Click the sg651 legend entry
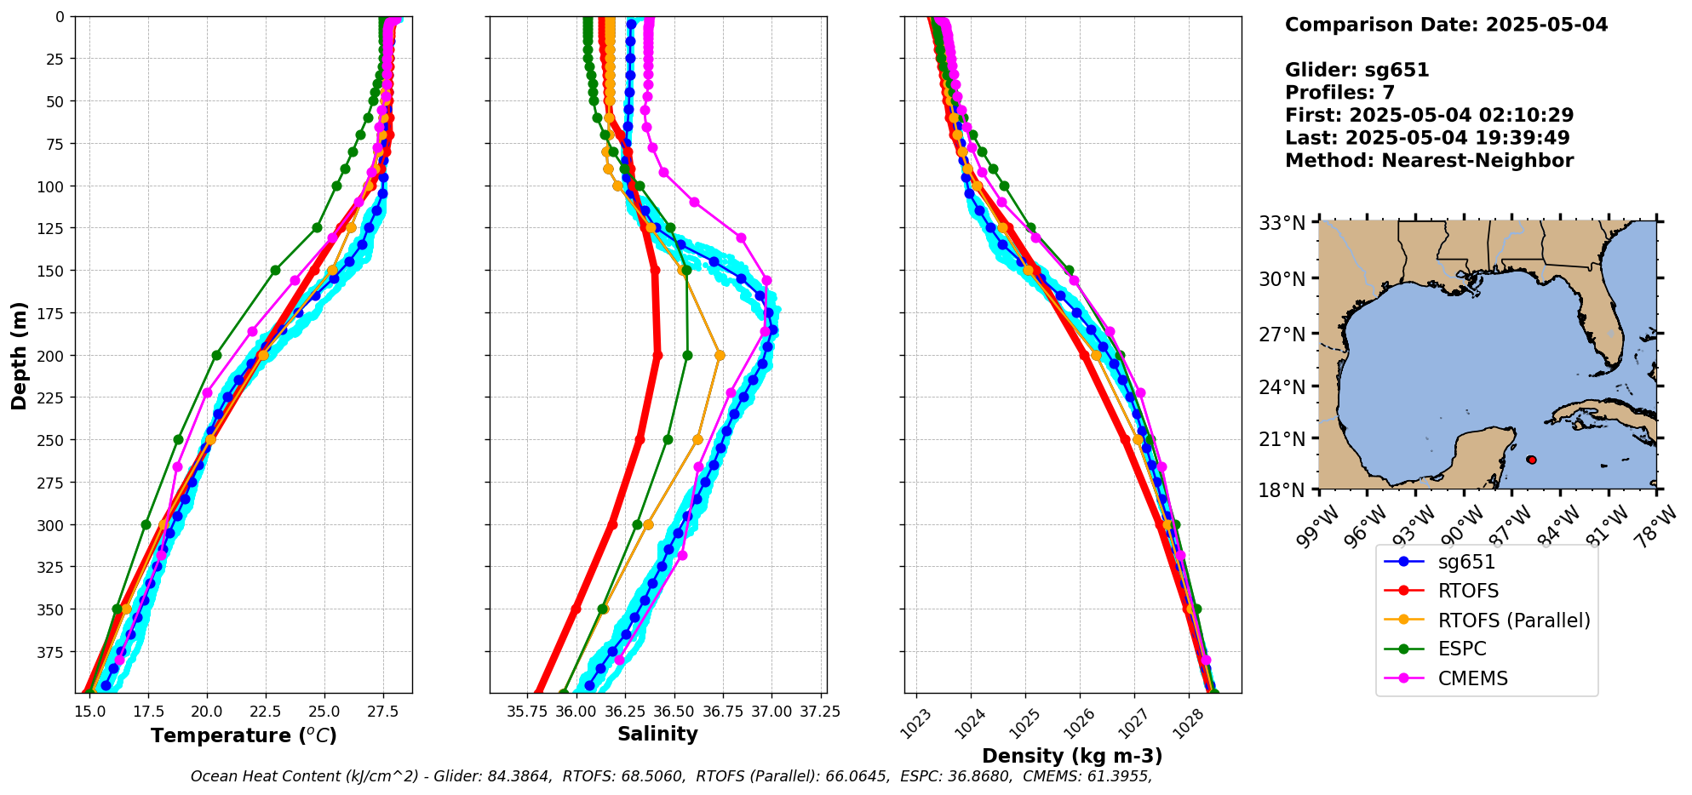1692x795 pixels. [1466, 562]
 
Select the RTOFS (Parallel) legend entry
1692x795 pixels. [1513, 621]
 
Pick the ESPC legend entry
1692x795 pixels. [1461, 649]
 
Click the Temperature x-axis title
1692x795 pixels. [244, 735]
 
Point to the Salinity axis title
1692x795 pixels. [657, 734]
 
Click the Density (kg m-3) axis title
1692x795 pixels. [1072, 756]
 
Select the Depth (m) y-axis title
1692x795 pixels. [19, 355]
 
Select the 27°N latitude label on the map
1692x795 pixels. [1282, 335]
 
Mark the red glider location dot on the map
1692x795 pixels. [1532, 460]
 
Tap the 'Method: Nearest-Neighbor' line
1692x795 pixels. [1429, 161]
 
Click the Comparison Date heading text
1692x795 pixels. [1446, 25]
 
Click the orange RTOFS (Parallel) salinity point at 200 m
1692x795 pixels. [720, 355]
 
